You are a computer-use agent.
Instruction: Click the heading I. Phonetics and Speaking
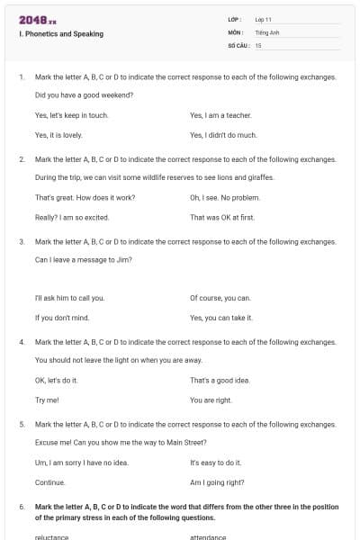tap(60, 34)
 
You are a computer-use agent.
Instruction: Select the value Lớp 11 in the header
tap(264, 19)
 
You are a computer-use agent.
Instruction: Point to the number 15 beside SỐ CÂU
tap(258, 44)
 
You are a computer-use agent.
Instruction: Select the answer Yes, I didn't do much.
tap(223, 135)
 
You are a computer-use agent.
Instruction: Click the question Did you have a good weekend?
tap(84, 94)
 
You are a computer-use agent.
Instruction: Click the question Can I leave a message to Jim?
tap(84, 259)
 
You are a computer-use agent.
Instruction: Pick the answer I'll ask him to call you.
tap(69, 298)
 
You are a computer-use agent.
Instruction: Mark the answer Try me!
tap(47, 400)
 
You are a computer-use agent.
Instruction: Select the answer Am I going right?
tap(217, 481)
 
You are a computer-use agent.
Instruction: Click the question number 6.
tap(22, 507)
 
